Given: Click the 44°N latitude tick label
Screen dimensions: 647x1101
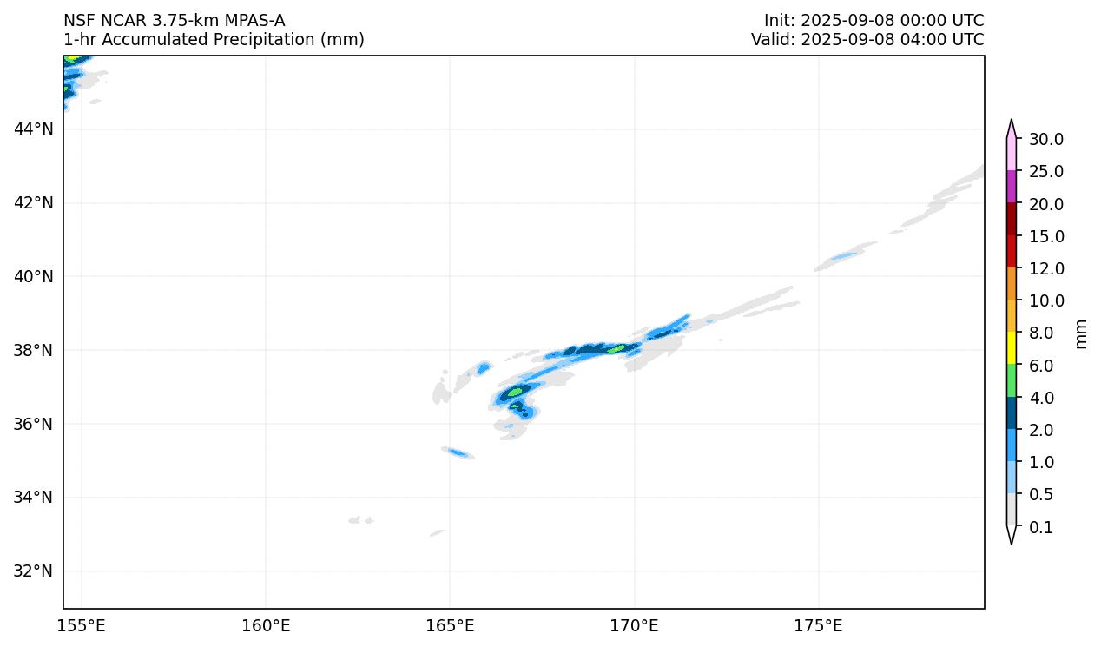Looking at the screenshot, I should (x=33, y=129).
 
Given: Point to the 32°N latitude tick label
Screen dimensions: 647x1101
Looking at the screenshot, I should (x=33, y=571).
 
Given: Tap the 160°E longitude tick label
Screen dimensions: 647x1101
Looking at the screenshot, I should (x=266, y=626).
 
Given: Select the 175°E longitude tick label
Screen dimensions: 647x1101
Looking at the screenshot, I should (x=818, y=626).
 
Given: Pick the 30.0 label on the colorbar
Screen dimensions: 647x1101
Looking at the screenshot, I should (x=1045, y=140).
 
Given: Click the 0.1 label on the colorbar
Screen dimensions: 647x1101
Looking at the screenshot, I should (x=1040, y=528).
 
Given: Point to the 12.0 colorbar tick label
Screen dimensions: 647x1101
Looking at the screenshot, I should (x=1045, y=269).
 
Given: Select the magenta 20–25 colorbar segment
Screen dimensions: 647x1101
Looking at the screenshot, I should (x=1012, y=187).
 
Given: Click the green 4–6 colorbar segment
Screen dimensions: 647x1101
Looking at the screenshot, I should (x=1012, y=380).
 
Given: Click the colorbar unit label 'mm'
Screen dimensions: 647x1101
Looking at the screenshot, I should (x=1081, y=333).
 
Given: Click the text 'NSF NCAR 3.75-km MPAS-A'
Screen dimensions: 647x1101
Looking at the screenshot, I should (x=174, y=21).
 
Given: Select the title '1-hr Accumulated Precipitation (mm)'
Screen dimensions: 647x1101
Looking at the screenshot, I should (x=214, y=40).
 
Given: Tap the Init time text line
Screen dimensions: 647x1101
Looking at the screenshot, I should (x=874, y=21).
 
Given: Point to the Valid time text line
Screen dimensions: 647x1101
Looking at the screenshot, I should (x=867, y=40).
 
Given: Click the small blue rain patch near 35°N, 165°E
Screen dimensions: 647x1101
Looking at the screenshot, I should (x=458, y=452).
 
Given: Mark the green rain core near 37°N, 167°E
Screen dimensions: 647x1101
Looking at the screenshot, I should (x=516, y=392).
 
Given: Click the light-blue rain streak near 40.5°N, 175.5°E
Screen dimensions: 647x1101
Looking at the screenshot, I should (x=843, y=256).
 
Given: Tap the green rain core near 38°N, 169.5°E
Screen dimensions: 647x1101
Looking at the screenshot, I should (x=616, y=349).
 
